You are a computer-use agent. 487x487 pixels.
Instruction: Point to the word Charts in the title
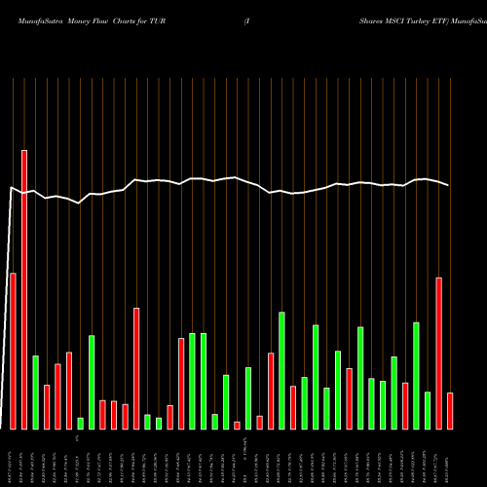click(x=132, y=19)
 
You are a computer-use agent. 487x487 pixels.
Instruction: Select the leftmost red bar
click(x=13, y=351)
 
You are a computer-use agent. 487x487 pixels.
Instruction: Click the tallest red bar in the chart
click(x=24, y=289)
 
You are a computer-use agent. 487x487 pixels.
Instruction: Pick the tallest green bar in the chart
click(x=282, y=370)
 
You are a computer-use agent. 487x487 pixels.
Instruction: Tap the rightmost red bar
click(x=450, y=410)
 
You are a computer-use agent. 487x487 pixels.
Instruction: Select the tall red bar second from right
click(x=438, y=353)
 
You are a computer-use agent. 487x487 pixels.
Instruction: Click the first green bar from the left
click(x=35, y=392)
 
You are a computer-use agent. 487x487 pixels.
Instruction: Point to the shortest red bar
click(x=237, y=425)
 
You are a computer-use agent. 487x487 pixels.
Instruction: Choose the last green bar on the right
click(x=428, y=409)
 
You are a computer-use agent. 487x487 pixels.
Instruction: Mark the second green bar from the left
click(x=81, y=423)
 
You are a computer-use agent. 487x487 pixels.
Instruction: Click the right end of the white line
click(x=449, y=185)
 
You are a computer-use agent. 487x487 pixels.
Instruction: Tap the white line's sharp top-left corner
click(x=11, y=188)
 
